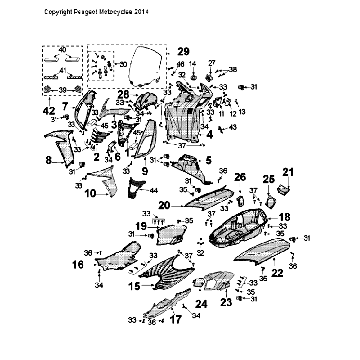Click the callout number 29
183,50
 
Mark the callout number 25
269,178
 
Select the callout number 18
284,217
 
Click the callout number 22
277,272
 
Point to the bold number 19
141,227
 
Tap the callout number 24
200,305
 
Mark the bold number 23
227,300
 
